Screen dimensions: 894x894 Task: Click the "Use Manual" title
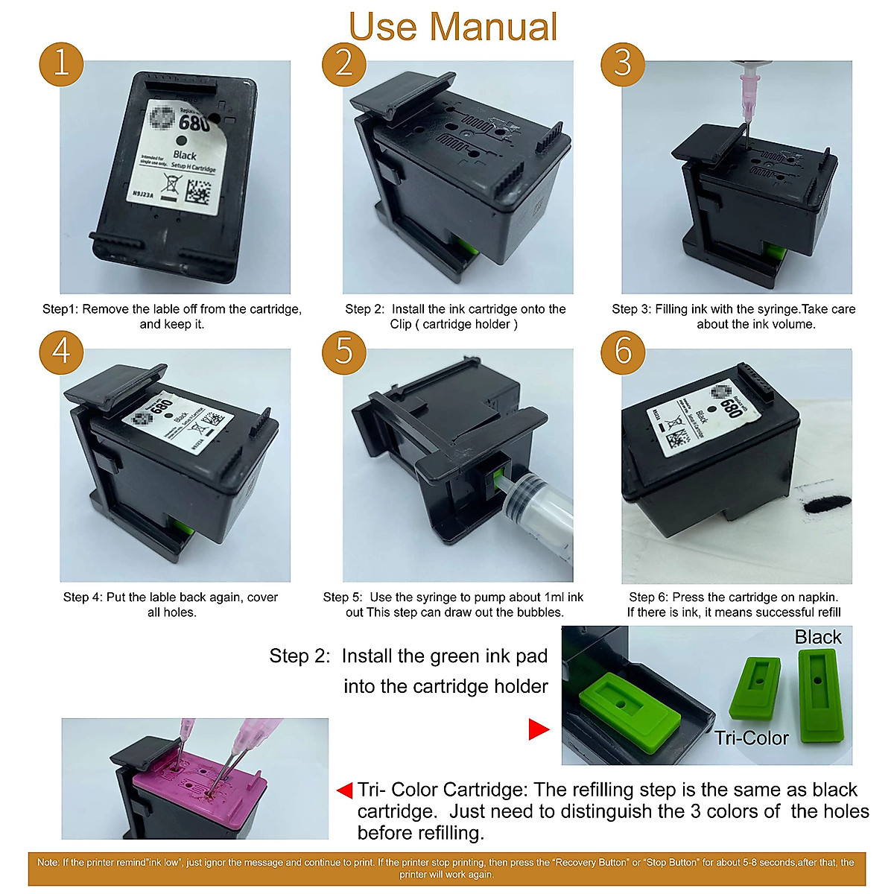[x=453, y=27]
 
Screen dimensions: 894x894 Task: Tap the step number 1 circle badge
[x=61, y=62]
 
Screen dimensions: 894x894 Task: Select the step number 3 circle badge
[x=623, y=62]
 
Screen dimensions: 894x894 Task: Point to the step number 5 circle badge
[x=343, y=350]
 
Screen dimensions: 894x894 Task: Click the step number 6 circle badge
[x=623, y=350]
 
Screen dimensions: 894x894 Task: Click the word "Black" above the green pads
[x=817, y=637]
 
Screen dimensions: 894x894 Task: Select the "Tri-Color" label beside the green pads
[x=751, y=738]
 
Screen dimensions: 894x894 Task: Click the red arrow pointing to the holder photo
[x=539, y=729]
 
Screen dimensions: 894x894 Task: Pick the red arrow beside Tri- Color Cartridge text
[x=345, y=790]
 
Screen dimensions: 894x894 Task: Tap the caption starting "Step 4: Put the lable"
[x=171, y=604]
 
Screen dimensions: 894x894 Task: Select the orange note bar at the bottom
[x=447, y=868]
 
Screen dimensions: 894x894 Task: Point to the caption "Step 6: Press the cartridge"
[x=734, y=604]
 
